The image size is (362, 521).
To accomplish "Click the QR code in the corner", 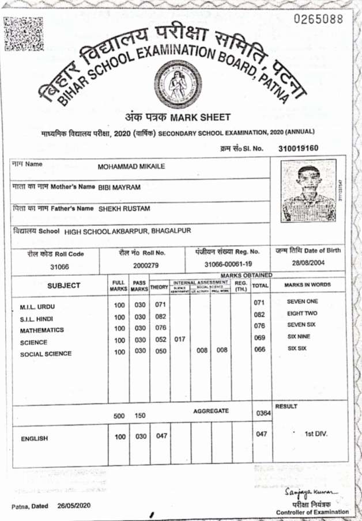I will click(24, 32).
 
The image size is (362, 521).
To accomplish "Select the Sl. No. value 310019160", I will click(298, 148).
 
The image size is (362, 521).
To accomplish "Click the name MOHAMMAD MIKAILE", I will click(131, 166).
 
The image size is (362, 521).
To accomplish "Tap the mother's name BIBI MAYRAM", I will click(119, 188).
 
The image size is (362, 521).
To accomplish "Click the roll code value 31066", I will click(59, 267).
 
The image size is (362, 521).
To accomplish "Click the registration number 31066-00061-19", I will click(228, 264).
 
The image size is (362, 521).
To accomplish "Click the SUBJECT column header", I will click(64, 286).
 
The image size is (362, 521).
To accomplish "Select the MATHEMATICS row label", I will click(42, 331).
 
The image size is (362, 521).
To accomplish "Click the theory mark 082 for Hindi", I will click(161, 316).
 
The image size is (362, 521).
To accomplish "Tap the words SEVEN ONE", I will click(303, 302).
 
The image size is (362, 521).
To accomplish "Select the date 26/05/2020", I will click(75, 506).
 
